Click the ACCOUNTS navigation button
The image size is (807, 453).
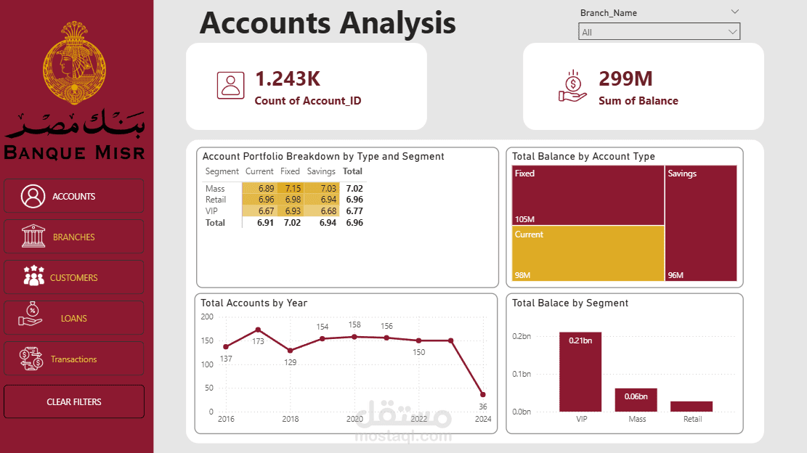pos(73,196)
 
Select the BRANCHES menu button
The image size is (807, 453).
pos(73,237)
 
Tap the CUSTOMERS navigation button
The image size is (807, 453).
pos(73,277)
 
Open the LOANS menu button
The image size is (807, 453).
pos(73,318)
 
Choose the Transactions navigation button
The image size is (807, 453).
pos(73,359)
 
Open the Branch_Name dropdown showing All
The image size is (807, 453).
pos(659,32)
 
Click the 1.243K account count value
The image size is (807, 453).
pos(288,79)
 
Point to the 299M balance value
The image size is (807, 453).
pos(625,79)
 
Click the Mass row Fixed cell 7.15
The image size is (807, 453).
pos(290,189)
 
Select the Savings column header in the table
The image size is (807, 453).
pos(320,171)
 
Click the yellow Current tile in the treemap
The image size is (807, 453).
pos(588,253)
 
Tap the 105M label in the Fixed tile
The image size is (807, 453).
pos(524,219)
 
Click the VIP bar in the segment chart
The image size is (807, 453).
pos(580,372)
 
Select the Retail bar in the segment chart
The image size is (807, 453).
pos(692,407)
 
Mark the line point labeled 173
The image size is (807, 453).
pos(258,330)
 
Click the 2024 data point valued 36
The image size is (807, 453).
pos(482,395)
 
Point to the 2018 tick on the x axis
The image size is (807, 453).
pos(291,419)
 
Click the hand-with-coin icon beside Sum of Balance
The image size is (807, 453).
pos(572,86)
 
